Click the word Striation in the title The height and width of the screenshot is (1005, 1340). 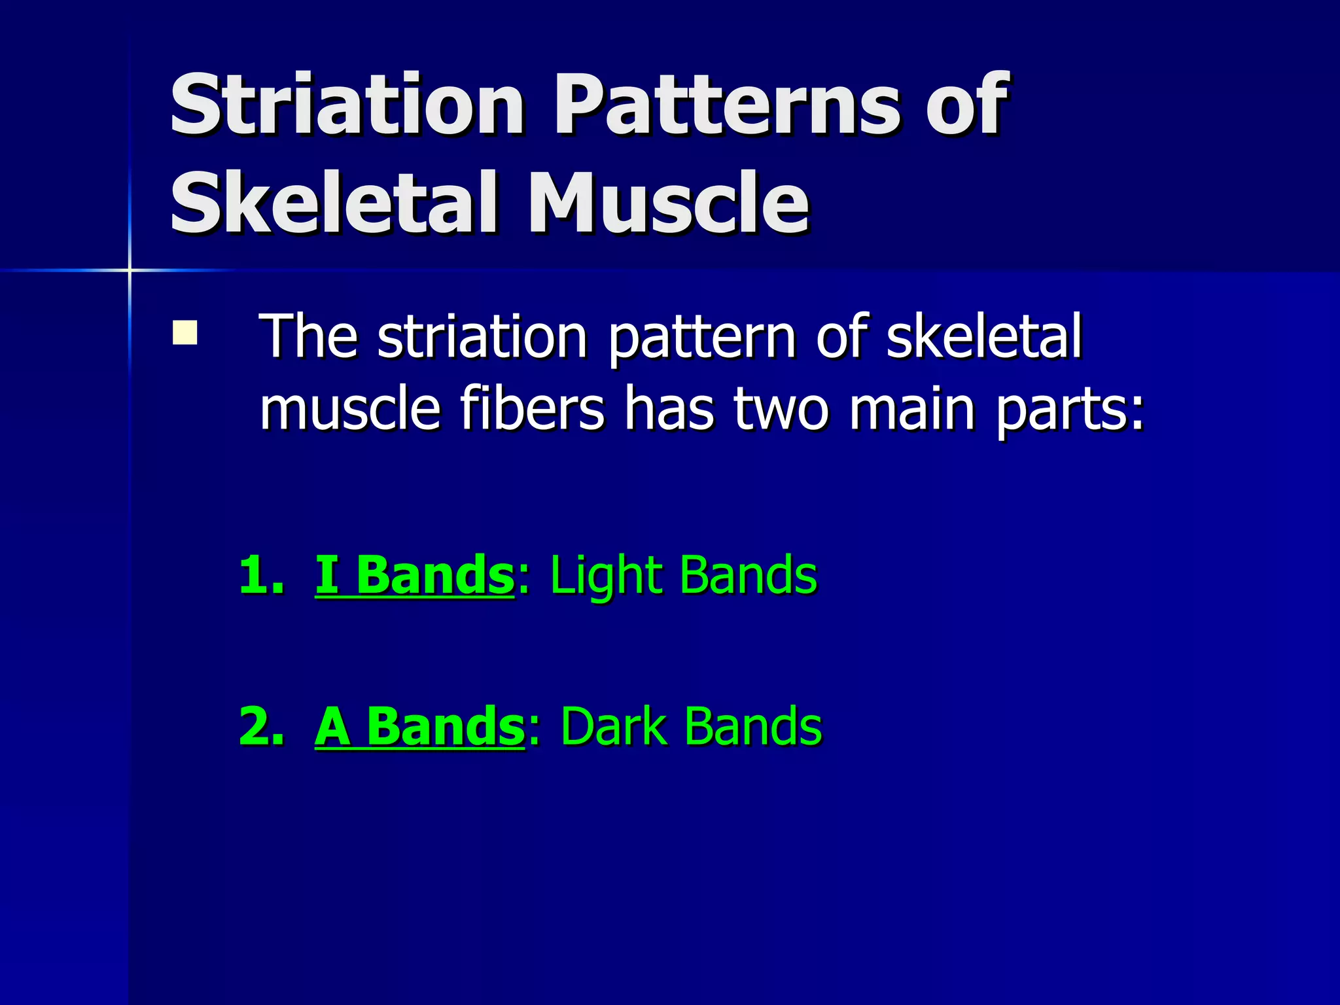point(347,105)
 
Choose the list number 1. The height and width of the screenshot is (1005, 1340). point(261,575)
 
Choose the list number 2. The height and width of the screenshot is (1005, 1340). point(261,726)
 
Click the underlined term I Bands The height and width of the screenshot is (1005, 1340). point(415,575)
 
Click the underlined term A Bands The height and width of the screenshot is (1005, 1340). point(419,726)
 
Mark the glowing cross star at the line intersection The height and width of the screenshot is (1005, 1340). point(130,270)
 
